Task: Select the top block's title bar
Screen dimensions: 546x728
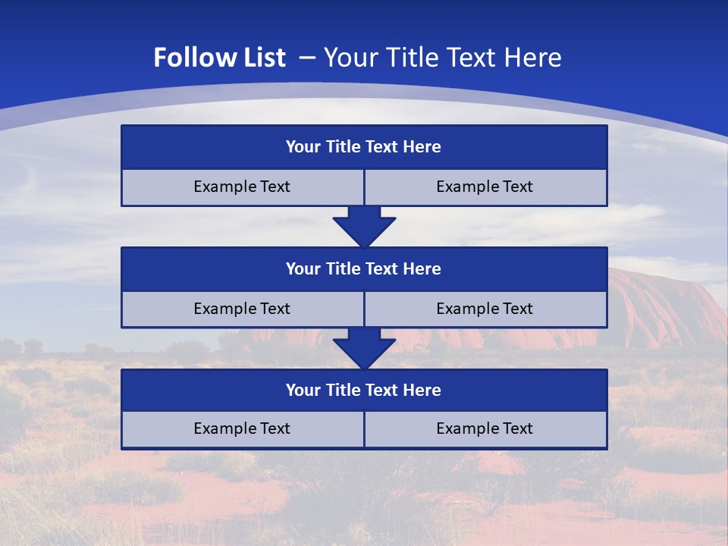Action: click(x=364, y=147)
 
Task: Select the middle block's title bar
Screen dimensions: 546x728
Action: click(x=364, y=269)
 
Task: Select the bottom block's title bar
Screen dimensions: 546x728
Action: click(x=364, y=391)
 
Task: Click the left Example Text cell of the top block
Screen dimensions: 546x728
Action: click(x=242, y=187)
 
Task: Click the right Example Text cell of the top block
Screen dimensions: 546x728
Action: click(x=485, y=187)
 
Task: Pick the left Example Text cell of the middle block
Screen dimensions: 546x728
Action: click(x=242, y=309)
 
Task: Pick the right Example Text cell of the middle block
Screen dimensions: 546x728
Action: click(x=485, y=309)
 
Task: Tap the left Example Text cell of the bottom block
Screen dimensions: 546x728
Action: click(x=242, y=428)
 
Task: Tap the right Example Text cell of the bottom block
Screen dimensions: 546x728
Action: click(x=485, y=428)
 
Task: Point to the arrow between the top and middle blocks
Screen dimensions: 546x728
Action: click(x=364, y=226)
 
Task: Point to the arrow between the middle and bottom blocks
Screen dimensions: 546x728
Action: click(x=364, y=348)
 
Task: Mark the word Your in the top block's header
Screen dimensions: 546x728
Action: click(x=303, y=147)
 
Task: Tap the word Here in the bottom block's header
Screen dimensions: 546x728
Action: click(x=422, y=391)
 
